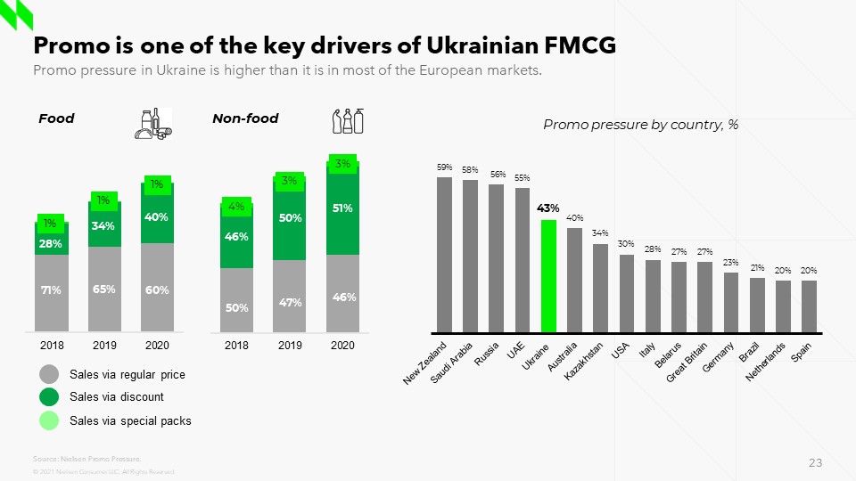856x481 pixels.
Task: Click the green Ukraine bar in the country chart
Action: tap(548, 275)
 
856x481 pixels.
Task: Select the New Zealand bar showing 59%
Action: tap(444, 254)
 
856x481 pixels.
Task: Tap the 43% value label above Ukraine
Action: tap(548, 208)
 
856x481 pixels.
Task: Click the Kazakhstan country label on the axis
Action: tap(585, 360)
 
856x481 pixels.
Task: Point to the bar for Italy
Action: tap(653, 295)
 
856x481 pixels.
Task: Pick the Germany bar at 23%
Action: tap(731, 302)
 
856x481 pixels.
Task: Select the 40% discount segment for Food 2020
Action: tap(158, 216)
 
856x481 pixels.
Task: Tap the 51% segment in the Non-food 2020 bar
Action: tap(343, 209)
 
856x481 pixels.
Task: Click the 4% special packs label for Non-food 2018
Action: tap(236, 207)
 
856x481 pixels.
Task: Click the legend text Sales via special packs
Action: tap(130, 420)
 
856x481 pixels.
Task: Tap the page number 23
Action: tap(815, 462)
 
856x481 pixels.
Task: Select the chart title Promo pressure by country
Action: tap(640, 125)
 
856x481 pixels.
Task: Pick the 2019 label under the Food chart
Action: tap(104, 345)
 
